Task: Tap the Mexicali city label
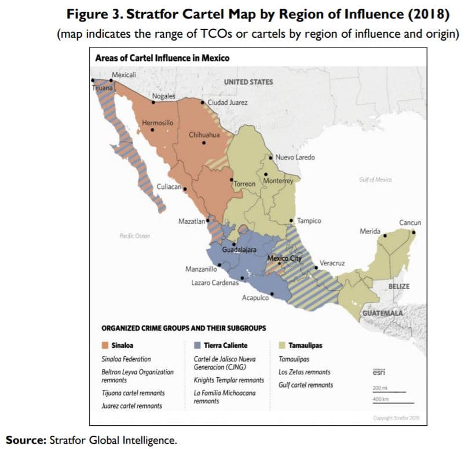coord(124,75)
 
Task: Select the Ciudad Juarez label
coord(228,103)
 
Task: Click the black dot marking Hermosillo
coord(152,130)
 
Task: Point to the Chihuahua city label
coord(204,135)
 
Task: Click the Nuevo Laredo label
coord(295,158)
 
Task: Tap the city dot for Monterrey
coord(266,174)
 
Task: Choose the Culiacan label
coord(169,187)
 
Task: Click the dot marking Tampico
coord(291,221)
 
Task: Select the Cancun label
coord(410,222)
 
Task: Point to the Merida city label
coord(370,232)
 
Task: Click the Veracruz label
coord(332,263)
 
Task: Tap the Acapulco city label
coord(255,298)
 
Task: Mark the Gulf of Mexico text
coord(375,180)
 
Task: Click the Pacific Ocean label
coord(134,236)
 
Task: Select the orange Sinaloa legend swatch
coord(105,345)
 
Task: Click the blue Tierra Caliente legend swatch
coord(197,345)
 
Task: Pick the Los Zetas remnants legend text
coord(305,372)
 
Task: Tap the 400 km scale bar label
coord(380,399)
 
